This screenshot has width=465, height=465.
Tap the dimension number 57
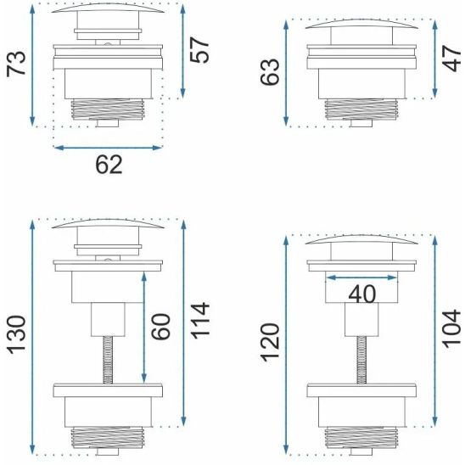pos(199,50)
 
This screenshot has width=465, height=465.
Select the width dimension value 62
pos(109,165)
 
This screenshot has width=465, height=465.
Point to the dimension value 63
pos(270,72)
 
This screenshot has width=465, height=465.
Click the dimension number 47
pos(451,58)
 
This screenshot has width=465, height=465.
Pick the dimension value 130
pos(16,335)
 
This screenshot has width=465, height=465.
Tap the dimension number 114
pos(199,321)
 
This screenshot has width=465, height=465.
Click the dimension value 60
pos(160,327)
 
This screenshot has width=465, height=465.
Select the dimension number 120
pos(270,343)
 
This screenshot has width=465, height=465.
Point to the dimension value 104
pos(451,328)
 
